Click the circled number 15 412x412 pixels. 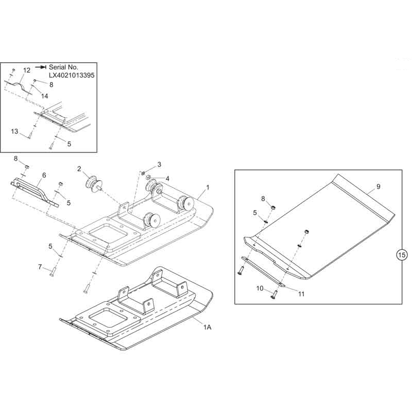pos(402,254)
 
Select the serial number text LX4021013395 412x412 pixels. pos(72,75)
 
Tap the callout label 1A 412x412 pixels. pos(207,327)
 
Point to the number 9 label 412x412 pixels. pos(378,186)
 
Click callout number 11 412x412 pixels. pos(301,294)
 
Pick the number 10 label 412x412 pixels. pos(260,288)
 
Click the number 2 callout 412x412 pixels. pos(79,169)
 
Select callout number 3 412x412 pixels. pos(159,164)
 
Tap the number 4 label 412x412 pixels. pos(167,179)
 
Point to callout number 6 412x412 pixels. pos(44,175)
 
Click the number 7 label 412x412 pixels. pos(40,267)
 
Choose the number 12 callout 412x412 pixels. pos(27,70)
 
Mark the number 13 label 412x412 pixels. pos(14,131)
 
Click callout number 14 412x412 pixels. pos(45,96)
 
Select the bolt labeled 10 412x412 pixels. pos(274,294)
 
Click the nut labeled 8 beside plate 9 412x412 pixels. pos(273,208)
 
